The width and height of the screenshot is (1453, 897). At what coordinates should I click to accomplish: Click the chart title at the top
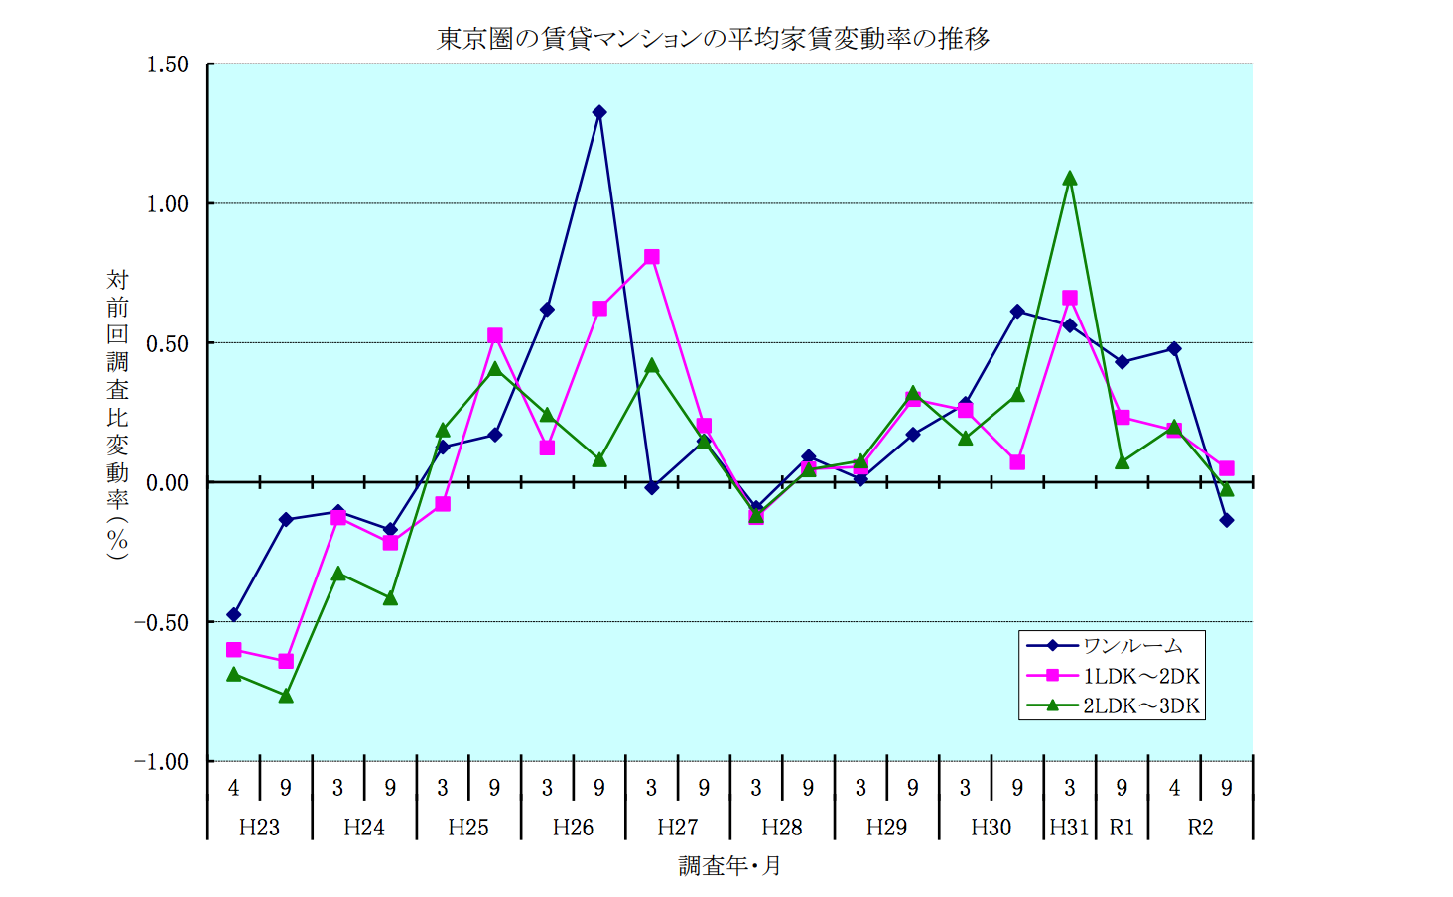coord(714,39)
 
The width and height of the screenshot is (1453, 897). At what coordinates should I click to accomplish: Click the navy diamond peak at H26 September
coord(599,113)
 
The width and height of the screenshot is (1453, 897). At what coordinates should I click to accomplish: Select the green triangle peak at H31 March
coord(1070,179)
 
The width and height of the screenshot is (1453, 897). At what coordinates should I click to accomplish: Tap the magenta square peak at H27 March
coord(652,257)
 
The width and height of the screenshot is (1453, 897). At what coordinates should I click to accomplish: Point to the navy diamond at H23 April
coord(234,615)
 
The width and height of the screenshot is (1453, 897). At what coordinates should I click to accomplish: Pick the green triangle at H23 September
coord(286,696)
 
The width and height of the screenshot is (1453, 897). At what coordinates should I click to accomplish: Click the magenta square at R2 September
coord(1227,468)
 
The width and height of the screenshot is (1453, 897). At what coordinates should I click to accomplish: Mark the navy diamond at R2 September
coord(1227,520)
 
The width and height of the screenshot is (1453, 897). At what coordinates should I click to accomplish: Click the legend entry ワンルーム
coord(1131,646)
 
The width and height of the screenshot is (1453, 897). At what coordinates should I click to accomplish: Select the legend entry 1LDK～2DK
coord(1140,677)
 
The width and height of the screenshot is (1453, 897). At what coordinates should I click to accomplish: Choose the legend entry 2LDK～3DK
coord(1140,706)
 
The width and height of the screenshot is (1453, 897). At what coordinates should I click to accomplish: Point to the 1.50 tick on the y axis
coord(167,64)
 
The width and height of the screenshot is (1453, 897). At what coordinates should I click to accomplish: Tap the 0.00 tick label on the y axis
coord(167,483)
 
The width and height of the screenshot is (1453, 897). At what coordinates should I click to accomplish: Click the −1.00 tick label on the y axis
coord(162,762)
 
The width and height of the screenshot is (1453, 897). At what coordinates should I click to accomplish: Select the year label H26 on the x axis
coord(573,828)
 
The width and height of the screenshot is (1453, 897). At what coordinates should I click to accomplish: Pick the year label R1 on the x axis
coord(1122,828)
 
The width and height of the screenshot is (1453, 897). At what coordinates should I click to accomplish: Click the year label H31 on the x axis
coord(1070,828)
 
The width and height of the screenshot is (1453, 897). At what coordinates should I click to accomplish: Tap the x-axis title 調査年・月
coord(729,866)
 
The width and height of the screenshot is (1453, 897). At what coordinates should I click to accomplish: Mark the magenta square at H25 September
coord(495,336)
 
